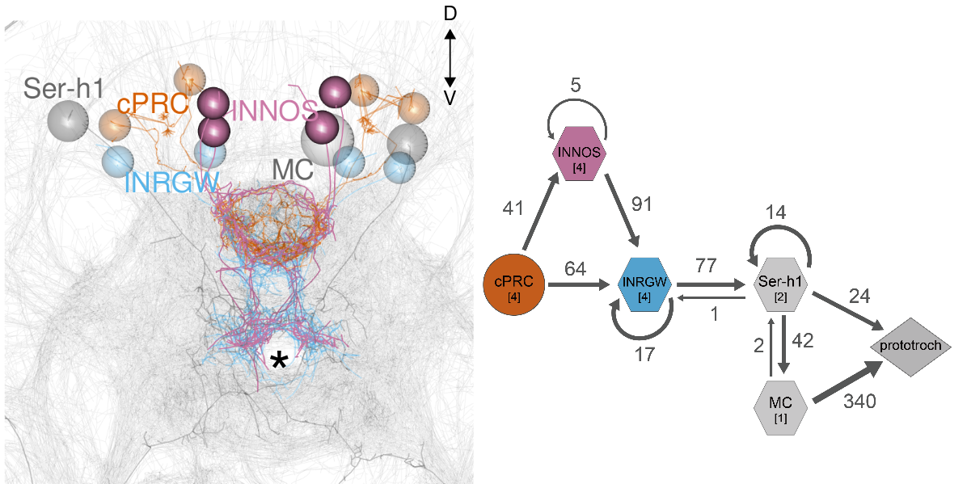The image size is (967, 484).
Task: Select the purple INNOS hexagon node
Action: point(579,153)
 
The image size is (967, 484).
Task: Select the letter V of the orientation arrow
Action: point(451,96)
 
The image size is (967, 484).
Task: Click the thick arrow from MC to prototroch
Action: point(847,381)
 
